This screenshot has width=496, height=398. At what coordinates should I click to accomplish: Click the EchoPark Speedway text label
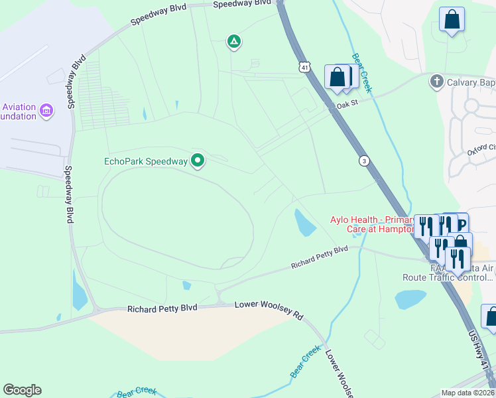pos(146,161)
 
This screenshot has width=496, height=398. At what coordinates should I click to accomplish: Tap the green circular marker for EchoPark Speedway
pos(198,160)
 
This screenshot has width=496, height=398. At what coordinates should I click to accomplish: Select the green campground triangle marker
pos(233,42)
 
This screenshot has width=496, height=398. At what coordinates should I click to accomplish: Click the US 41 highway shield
pos(304,67)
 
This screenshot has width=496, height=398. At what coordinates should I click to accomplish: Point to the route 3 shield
pos(364,161)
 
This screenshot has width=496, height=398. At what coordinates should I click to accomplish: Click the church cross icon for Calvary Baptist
pos(436,82)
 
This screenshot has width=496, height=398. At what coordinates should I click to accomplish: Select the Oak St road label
pos(347,103)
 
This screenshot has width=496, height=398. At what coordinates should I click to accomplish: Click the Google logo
pos(22,390)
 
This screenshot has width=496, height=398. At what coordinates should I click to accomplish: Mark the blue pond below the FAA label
pos(410,299)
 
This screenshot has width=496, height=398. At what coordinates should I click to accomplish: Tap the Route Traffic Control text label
pos(452,279)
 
